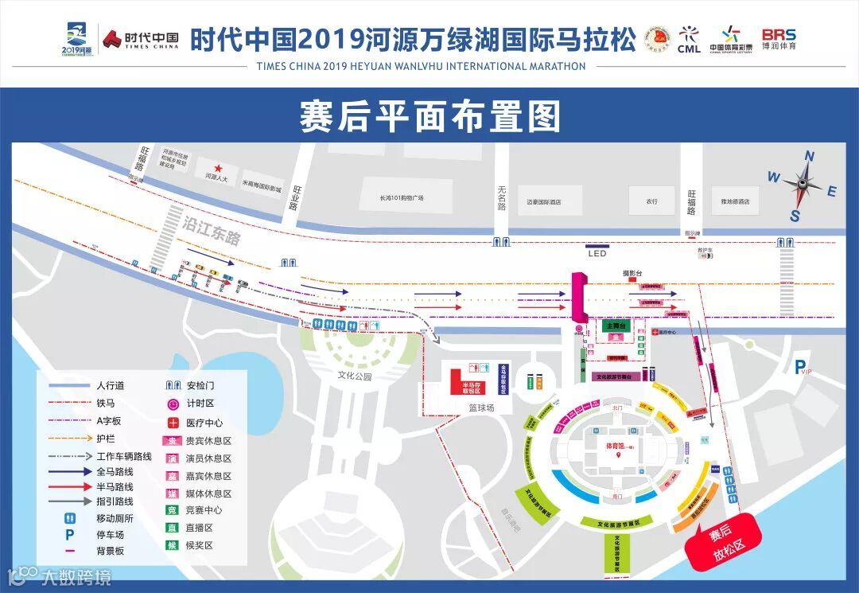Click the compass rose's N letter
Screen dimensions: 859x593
(x=810, y=156)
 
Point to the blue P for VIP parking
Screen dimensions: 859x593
(x=799, y=365)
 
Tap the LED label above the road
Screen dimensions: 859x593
(x=597, y=254)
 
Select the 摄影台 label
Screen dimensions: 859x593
(x=632, y=273)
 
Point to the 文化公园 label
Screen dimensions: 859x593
(x=355, y=376)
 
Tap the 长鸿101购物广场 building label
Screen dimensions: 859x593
(x=402, y=198)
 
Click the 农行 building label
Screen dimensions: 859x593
(x=652, y=201)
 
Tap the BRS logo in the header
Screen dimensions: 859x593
(x=779, y=34)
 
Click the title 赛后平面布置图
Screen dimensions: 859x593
(x=429, y=116)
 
